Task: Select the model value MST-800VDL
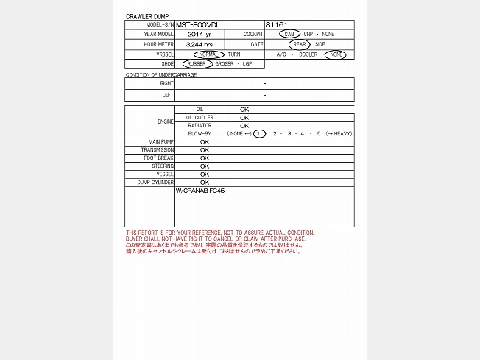(198, 24)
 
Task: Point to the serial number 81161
(278, 24)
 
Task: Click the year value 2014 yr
(200, 35)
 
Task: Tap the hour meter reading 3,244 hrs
(200, 45)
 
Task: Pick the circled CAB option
(289, 35)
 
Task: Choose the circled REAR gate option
(300, 44)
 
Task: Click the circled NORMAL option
(209, 54)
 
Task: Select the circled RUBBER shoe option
(197, 64)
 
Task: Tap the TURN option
(234, 54)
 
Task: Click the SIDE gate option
(320, 44)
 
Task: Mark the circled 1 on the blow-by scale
(259, 134)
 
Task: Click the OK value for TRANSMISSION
(205, 150)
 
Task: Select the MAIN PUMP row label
(160, 141)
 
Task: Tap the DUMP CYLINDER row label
(155, 183)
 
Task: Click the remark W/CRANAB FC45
(200, 191)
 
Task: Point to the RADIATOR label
(200, 125)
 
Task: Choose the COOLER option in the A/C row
(308, 54)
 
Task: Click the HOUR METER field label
(159, 45)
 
